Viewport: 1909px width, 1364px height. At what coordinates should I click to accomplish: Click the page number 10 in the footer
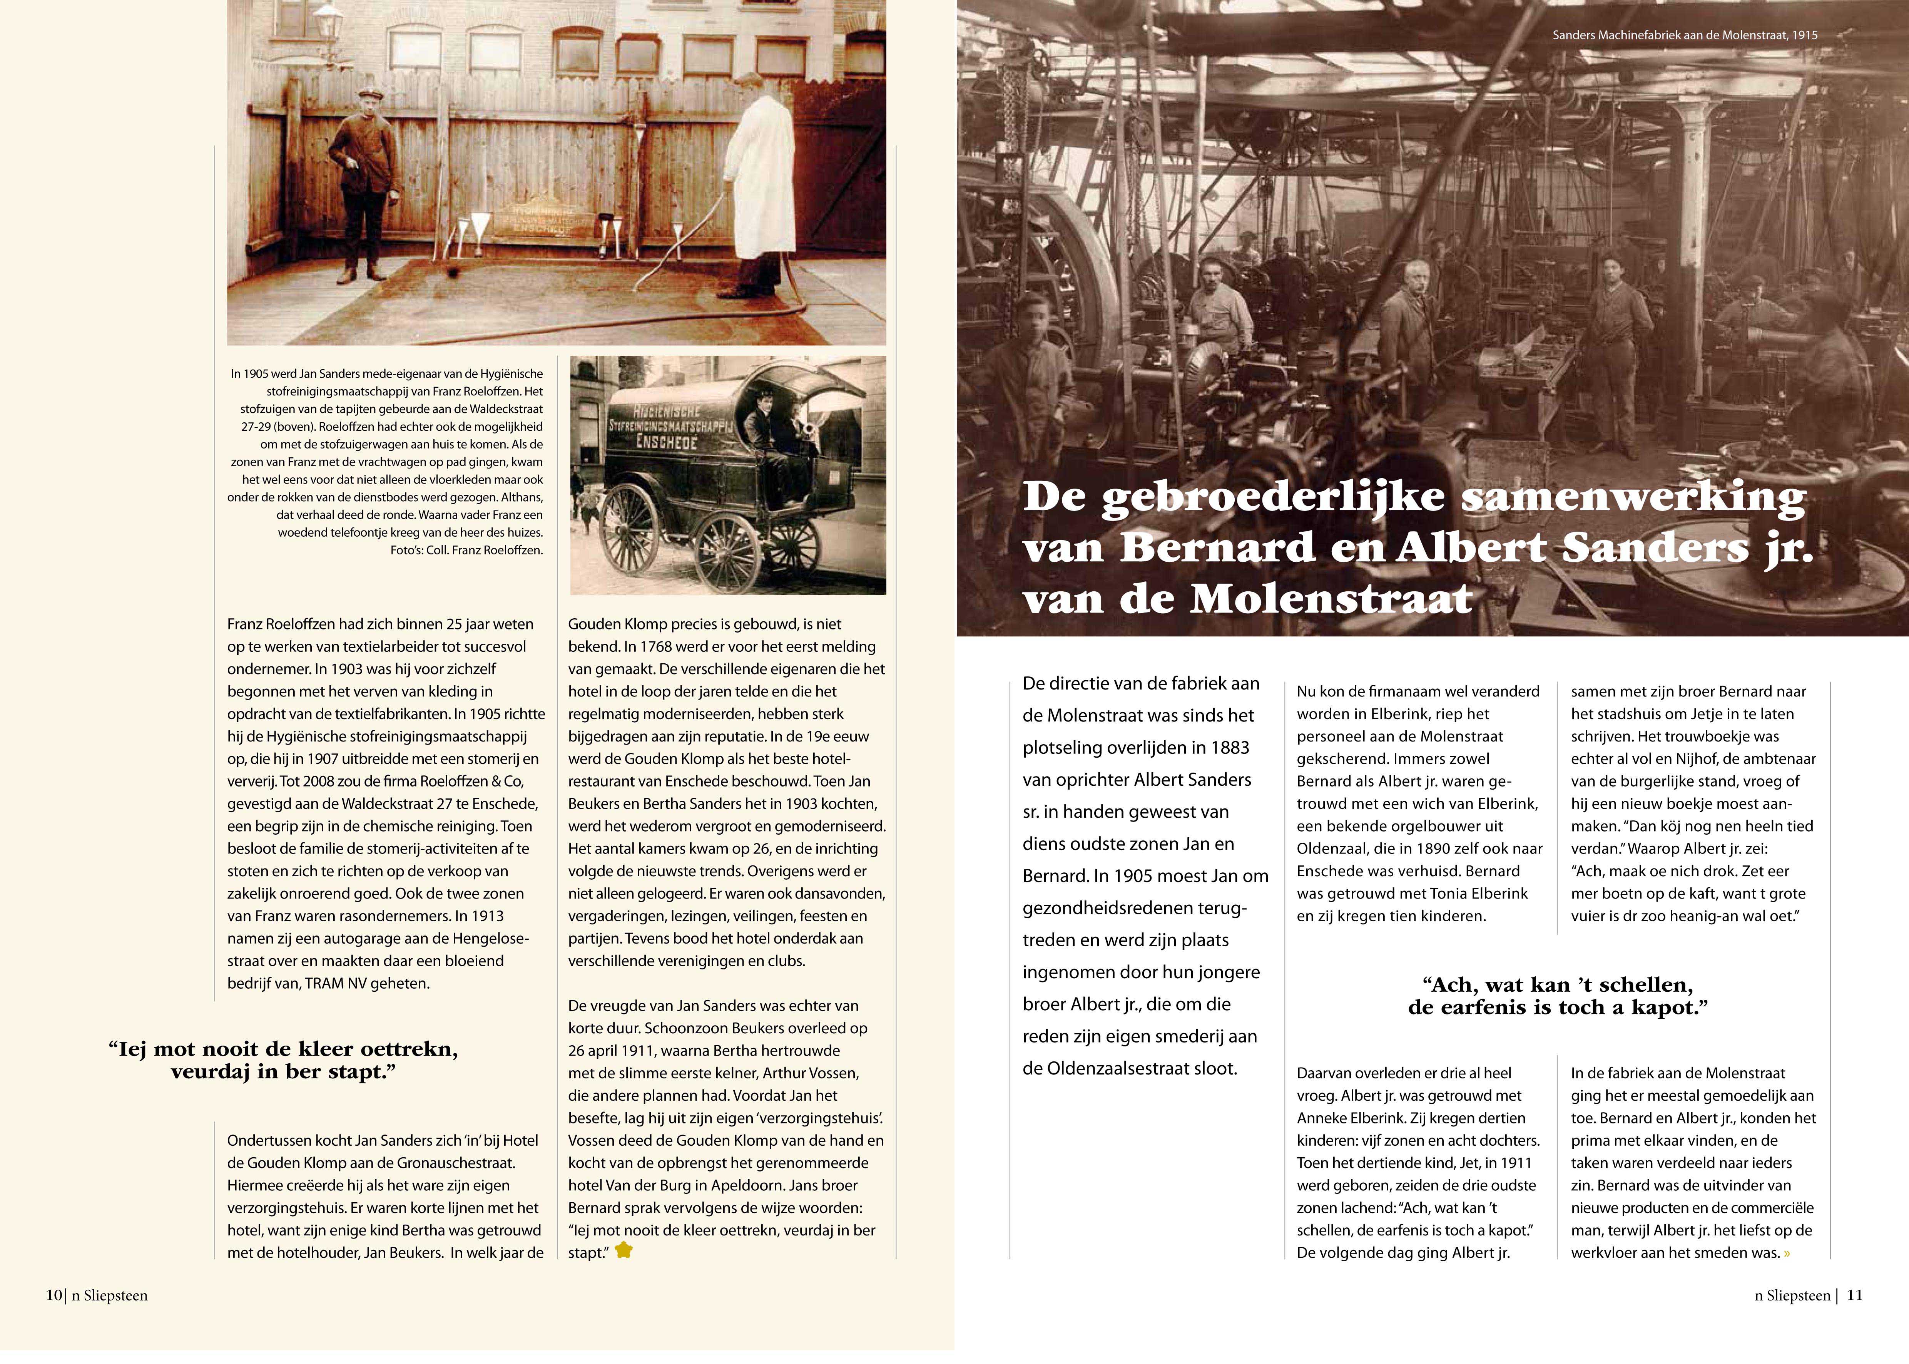point(54,1295)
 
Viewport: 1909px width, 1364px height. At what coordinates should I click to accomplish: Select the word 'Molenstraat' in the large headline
point(1331,600)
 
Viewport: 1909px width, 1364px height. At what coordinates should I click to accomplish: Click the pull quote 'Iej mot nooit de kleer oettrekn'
point(283,1060)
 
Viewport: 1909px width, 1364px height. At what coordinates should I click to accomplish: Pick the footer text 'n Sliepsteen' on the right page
point(1792,1295)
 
